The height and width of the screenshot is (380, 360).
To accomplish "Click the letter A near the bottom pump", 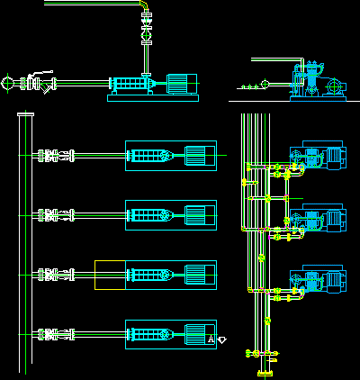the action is tap(211, 339).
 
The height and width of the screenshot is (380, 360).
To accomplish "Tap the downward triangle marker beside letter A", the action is tap(221, 340).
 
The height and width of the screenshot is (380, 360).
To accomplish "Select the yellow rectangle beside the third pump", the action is tap(110, 275).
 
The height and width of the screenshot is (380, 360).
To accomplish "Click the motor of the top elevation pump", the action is tap(182, 84).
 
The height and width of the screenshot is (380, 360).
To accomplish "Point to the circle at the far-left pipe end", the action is tap(7, 84).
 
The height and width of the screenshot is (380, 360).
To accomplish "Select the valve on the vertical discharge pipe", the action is tap(147, 35).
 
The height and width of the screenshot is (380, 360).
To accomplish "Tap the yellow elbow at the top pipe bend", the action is tap(144, 5).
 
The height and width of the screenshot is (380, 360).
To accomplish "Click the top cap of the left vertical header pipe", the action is tap(25, 114).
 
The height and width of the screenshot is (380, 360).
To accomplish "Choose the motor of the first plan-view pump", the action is tap(200, 156).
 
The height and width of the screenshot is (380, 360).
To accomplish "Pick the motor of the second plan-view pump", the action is tap(200, 215).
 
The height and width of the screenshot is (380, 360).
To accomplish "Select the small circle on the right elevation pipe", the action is tap(265, 84).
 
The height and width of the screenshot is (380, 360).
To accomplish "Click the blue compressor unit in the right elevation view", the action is tap(318, 81).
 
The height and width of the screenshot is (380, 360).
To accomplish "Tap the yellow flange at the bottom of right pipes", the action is tap(265, 374).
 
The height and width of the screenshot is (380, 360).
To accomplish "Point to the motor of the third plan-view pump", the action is tap(200, 275).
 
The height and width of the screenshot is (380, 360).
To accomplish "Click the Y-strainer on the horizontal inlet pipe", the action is tap(46, 87).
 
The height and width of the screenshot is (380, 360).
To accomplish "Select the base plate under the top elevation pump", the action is tap(153, 98).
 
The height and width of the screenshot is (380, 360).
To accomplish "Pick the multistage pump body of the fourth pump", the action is tap(151, 334).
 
